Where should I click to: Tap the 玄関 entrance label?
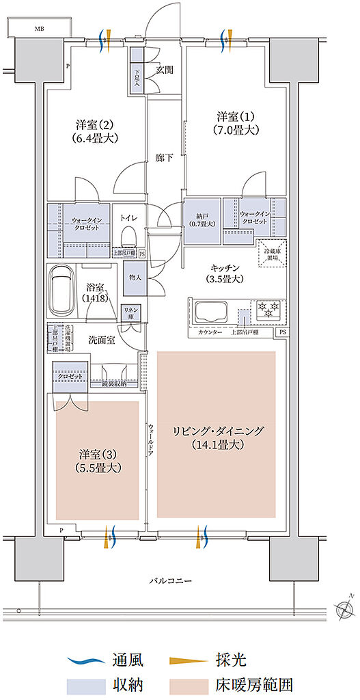pos(164,69)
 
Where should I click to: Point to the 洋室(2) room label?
pos(96,131)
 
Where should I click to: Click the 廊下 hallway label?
pos(164,158)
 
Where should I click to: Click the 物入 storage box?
pos(134,278)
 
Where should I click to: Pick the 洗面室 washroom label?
pos(102,339)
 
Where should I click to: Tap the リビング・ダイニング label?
pos(217,437)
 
